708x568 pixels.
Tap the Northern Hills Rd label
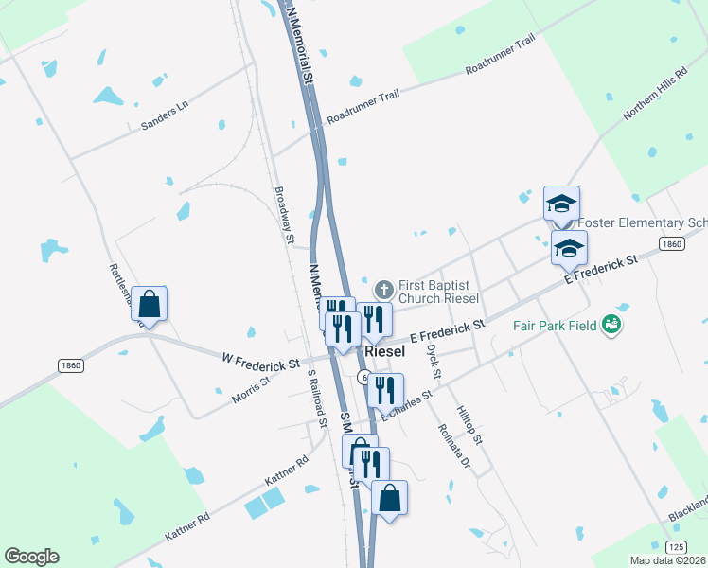[x=654, y=95]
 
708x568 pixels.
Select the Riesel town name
[x=384, y=351]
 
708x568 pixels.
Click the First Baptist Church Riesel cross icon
[x=384, y=289]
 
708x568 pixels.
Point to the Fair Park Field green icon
[x=613, y=325]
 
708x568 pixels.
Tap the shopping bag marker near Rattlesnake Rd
[x=150, y=304]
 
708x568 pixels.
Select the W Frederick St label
[x=260, y=363]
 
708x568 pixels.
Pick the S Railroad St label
[x=310, y=398]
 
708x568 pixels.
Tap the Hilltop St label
[x=469, y=426]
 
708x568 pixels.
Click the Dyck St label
[x=433, y=360]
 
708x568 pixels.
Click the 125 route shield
[x=675, y=547]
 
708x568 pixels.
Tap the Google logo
[x=31, y=557]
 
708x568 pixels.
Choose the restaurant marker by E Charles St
[x=385, y=388]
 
